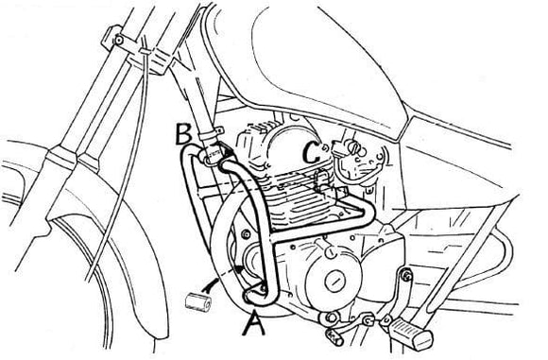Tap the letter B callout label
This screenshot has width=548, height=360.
[187, 136]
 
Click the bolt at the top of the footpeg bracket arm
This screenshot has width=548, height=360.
[407, 274]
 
